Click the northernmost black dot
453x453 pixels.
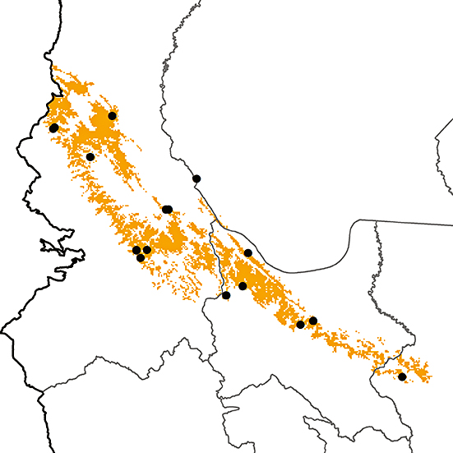pos(112,116)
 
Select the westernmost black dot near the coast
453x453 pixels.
pos(53,127)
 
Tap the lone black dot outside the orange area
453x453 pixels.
pos(196,178)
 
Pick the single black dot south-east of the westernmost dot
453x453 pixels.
pos(90,156)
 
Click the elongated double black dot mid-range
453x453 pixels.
pos(167,210)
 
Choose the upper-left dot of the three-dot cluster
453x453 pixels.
pos(136,250)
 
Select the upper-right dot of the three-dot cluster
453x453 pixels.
pos(147,250)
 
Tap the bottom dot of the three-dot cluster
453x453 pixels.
pos(141,258)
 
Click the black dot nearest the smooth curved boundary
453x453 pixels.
pos(248,252)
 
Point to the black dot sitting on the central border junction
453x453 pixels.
pos(226,295)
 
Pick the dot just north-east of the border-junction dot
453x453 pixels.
pos(243,286)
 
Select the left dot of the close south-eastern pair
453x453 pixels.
pos(300,325)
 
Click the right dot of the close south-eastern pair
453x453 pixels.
pos(313,321)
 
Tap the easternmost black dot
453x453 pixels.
pos(402,377)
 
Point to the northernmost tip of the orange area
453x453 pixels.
pos(53,66)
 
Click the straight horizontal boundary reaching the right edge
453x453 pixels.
pos(411,223)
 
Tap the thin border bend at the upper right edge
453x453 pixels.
pos(437,140)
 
